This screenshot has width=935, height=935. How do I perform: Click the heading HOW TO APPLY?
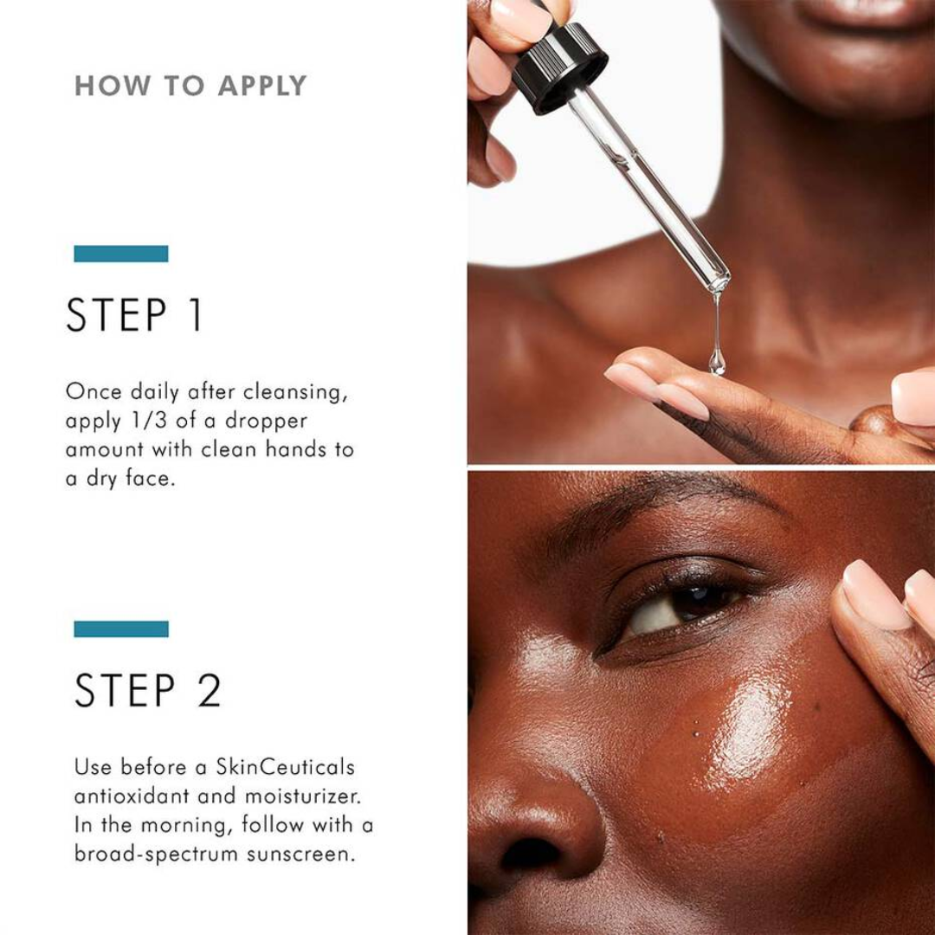click(190, 86)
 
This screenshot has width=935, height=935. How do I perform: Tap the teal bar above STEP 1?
click(121, 254)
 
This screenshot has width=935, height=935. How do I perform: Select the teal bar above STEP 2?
click(121, 629)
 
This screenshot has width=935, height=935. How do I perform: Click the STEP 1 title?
click(135, 316)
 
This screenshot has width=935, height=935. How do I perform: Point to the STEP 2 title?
click(148, 690)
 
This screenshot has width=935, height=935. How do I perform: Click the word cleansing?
click(293, 392)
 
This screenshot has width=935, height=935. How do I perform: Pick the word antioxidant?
click(130, 796)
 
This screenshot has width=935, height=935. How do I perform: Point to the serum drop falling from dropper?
click(717, 361)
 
